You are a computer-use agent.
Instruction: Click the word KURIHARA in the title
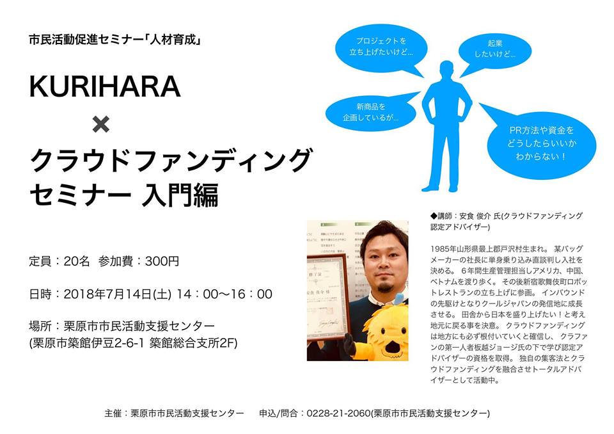point(104,86)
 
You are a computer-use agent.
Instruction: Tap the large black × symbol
point(101,124)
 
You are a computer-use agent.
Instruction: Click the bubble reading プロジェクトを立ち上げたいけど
point(381,49)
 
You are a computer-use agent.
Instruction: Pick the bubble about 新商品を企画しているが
point(370,112)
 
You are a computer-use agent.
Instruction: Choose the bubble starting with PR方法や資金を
point(541,143)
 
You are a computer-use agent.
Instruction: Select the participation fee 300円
point(162,261)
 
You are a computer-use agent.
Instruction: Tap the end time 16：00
point(251,294)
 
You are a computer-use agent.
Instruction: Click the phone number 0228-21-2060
point(338,414)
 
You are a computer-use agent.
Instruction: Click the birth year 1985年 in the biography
point(443,249)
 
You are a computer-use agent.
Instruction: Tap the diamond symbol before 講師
point(434,216)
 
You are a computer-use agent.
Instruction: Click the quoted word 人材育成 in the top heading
point(173,40)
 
